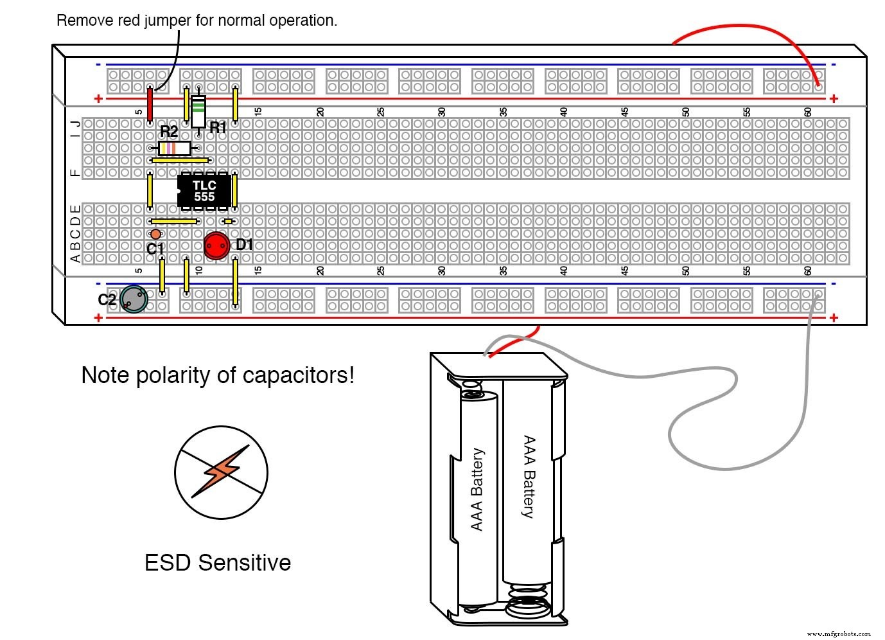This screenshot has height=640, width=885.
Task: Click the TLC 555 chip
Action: [204, 191]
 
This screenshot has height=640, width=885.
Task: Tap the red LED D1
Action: [217, 245]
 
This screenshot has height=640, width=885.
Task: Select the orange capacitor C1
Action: [155, 234]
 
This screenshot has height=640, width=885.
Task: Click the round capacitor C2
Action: [134, 299]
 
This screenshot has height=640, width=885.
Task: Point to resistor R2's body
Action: [174, 148]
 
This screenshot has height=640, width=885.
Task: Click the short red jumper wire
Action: [150, 105]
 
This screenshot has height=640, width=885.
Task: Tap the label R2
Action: [168, 132]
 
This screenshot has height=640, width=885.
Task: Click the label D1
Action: [244, 245]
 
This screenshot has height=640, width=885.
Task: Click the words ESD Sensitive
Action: [217, 563]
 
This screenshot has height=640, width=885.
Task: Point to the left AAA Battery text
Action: [477, 490]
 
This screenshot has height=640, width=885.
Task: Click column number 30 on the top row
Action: [442, 112]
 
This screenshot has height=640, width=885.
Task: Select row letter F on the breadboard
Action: [75, 173]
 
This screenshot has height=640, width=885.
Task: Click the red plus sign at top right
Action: [834, 98]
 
